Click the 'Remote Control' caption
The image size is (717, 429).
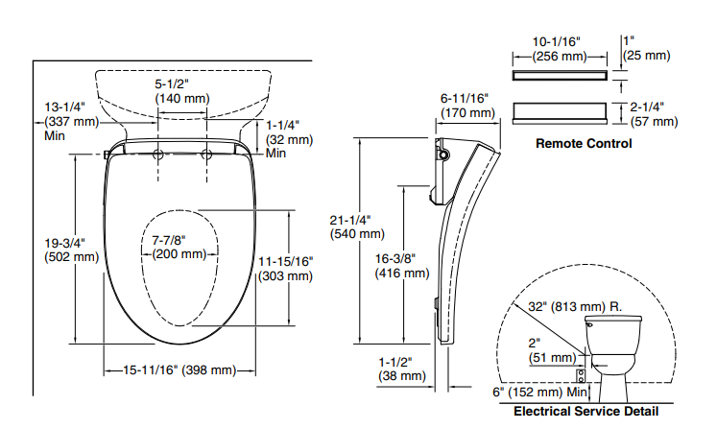pos(583,144)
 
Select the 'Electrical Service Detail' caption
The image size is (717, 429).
pos(586,411)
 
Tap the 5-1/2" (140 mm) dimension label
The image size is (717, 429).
pos(181,91)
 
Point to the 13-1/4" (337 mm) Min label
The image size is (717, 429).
pos(66,121)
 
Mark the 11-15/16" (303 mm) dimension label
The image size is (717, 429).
pos(285,269)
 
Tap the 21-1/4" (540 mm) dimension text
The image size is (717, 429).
pos(357,226)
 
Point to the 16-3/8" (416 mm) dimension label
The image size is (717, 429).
pos(401,266)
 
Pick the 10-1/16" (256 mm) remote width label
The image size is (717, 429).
pos(559,49)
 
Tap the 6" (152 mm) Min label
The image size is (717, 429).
pos(538,392)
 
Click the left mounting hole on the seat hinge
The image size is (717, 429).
pos(158,154)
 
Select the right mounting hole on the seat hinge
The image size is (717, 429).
pos(205,154)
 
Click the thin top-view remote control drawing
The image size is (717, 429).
pos(559,74)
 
